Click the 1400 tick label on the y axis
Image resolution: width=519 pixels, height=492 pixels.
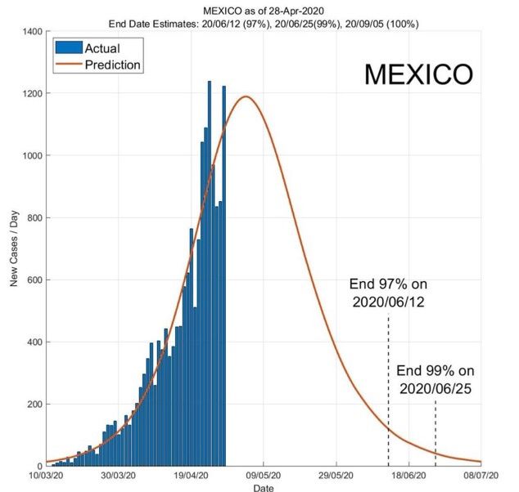(x=30, y=31)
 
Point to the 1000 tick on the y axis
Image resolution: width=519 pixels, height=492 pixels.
(x=30, y=155)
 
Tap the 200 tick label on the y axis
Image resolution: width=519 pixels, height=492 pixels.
(x=34, y=404)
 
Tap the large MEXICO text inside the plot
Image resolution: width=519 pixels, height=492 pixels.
(x=417, y=74)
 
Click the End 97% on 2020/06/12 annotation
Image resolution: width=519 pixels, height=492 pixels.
(x=388, y=293)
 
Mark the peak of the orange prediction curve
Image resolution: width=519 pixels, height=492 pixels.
(x=245, y=96)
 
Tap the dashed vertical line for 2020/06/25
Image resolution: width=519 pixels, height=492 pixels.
(x=436, y=433)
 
